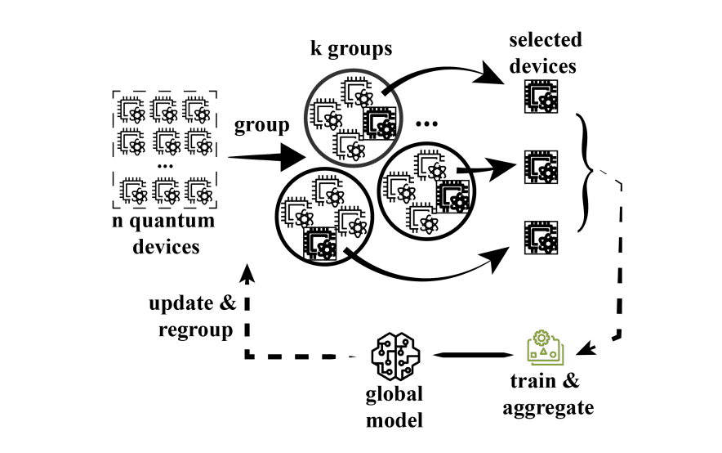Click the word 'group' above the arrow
coord(261,126)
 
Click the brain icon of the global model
coord(394,354)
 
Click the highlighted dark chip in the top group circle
coord(379,124)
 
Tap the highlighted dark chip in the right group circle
coord(452,197)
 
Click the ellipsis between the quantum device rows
coord(164,166)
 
